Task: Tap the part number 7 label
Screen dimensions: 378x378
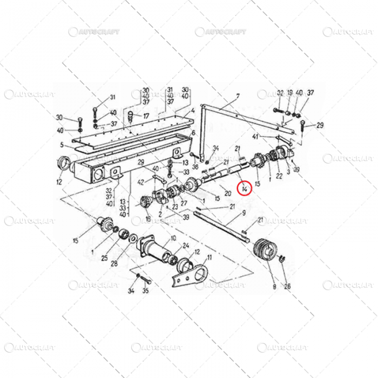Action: click(237, 97)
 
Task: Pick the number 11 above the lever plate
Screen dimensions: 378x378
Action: click(209, 258)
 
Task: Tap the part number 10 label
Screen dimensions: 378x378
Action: click(173, 238)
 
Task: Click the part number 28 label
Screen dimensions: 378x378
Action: click(114, 264)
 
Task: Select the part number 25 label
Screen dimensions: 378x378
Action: click(104, 258)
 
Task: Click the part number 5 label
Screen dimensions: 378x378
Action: click(62, 145)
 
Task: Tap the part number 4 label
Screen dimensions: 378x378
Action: click(192, 115)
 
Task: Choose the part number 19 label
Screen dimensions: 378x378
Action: click(290, 93)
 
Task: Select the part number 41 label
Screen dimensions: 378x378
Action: click(255, 136)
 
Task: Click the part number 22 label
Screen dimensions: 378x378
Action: click(279, 175)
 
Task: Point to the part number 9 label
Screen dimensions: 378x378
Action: click(244, 214)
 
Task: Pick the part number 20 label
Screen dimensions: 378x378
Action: click(227, 193)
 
